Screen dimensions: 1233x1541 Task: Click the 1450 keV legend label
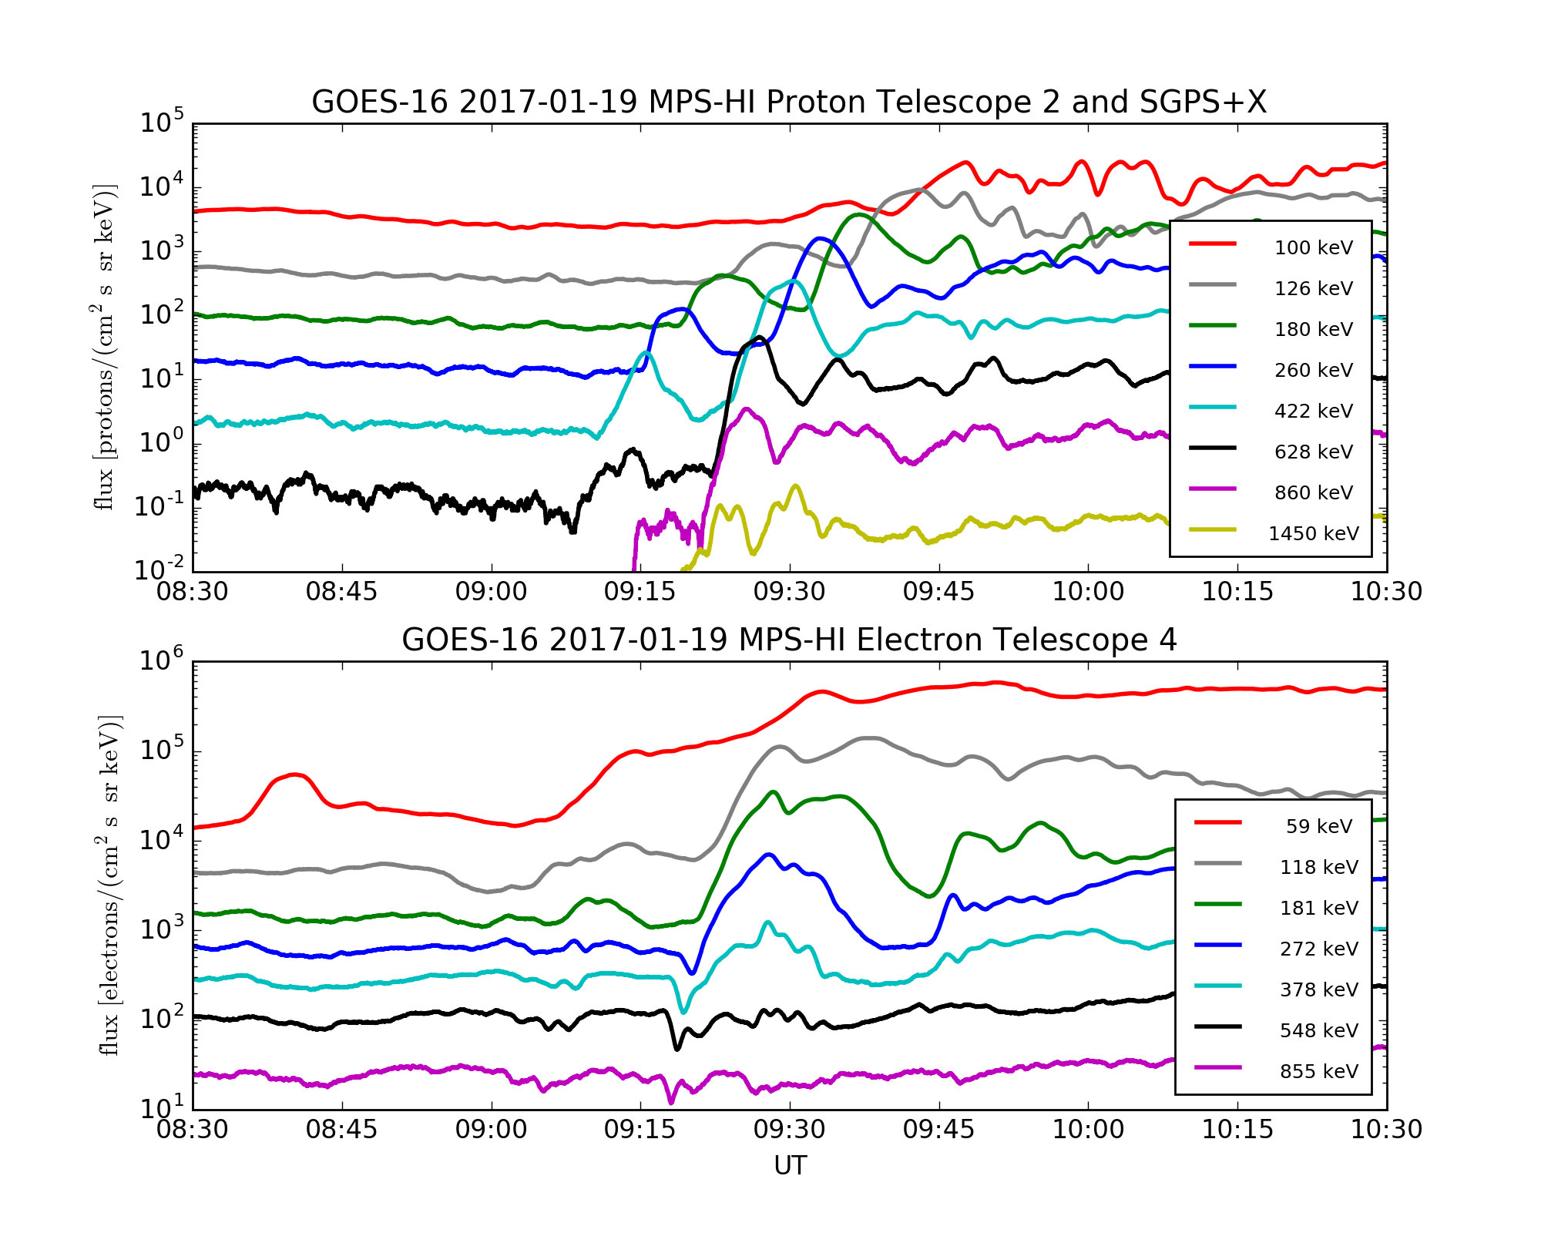pos(1313,533)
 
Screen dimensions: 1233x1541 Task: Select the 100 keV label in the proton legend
pos(1313,247)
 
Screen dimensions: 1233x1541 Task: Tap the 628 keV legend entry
pos(1313,452)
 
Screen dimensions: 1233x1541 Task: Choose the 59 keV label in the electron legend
pos(1318,826)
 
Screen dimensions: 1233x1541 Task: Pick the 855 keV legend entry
pos(1318,1071)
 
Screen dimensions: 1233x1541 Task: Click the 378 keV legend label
pos(1318,989)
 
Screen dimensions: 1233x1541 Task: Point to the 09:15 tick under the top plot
pos(640,592)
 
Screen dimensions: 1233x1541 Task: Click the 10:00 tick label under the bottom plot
pos(1088,1130)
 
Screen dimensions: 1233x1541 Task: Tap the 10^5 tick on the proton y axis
pos(162,122)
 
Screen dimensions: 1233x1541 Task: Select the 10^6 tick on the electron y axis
pos(162,660)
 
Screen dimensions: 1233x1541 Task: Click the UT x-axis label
pos(790,1165)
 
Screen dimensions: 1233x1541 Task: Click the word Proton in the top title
pos(810,102)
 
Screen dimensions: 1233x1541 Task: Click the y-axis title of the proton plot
pos(104,347)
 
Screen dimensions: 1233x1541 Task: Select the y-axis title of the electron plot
pos(109,885)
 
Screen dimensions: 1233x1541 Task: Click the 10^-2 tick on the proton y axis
pos(160,569)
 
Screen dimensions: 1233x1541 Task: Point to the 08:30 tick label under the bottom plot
pos(193,1130)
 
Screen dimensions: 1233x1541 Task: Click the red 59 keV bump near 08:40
pos(295,774)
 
